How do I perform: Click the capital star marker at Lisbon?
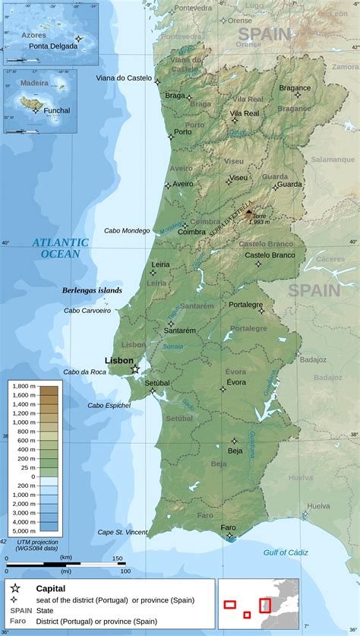[x=135, y=369]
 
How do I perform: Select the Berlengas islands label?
[x=92, y=290]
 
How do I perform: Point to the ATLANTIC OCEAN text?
[x=61, y=248]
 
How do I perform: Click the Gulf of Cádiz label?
[x=290, y=552]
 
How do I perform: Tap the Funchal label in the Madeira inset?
[x=56, y=110]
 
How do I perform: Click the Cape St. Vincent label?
[x=122, y=532]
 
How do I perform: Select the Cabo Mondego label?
[x=127, y=230]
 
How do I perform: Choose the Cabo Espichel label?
[x=109, y=405]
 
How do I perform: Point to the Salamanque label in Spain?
[x=333, y=160]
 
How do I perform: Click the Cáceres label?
[x=330, y=259]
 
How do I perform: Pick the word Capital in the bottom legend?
[x=51, y=588]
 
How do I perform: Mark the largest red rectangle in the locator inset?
[x=265, y=605]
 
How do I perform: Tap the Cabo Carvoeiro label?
[x=87, y=310]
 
